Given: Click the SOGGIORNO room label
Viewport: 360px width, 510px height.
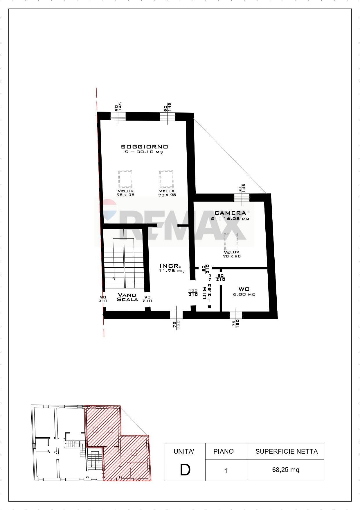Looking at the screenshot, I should click(x=144, y=147).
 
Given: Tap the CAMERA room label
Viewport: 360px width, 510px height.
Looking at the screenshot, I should click(x=230, y=213).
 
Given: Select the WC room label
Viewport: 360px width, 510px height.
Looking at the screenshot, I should click(x=244, y=289).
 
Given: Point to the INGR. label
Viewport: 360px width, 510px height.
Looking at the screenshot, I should click(x=171, y=266).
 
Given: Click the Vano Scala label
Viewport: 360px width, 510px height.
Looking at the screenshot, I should click(x=127, y=297).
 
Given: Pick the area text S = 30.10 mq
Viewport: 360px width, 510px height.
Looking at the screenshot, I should click(x=142, y=152).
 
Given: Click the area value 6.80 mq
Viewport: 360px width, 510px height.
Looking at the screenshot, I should click(x=244, y=294).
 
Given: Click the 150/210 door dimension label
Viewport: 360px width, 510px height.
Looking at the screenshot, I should click(x=193, y=292).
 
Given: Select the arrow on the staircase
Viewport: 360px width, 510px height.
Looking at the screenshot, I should click(x=114, y=278).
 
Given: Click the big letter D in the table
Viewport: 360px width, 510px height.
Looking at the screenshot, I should click(x=185, y=470).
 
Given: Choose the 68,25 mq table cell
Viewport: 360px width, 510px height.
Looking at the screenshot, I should click(x=286, y=470).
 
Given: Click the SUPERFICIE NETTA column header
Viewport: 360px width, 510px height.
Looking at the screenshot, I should click(x=286, y=451).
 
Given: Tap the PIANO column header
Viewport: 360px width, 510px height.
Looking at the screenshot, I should click(x=223, y=451).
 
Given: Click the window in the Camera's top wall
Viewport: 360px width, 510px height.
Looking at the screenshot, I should click(x=242, y=198).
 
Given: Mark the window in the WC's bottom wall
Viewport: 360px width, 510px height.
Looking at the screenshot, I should click(x=236, y=315).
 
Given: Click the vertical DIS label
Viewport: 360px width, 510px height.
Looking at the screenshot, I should click(x=204, y=293).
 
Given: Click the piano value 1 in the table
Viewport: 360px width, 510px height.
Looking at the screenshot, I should click(x=226, y=470).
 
